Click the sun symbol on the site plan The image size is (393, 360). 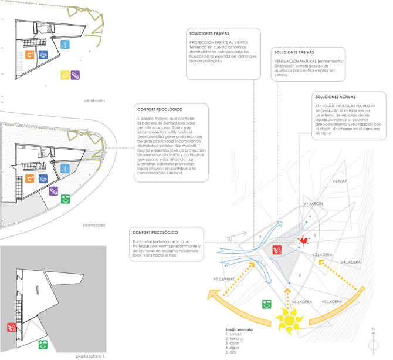[x=288, y=321]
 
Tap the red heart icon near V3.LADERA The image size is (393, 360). [x=303, y=240]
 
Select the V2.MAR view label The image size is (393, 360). [x=340, y=181]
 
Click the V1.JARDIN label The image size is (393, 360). [x=313, y=203]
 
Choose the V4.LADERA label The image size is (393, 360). [x=350, y=262]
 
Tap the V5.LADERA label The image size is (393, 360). [x=331, y=302]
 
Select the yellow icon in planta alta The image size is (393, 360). [x=65, y=75]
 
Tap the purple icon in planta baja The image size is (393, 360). [x=53, y=191]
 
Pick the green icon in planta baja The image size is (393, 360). [x=66, y=199]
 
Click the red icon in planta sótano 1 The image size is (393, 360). [x=12, y=327]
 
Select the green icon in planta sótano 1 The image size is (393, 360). [x=43, y=344]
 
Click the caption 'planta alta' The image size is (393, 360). [x=94, y=101]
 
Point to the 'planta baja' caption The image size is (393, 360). [x=94, y=225]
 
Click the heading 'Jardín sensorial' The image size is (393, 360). [x=239, y=330]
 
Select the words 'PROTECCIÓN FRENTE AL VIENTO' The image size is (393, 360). [x=218, y=43]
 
